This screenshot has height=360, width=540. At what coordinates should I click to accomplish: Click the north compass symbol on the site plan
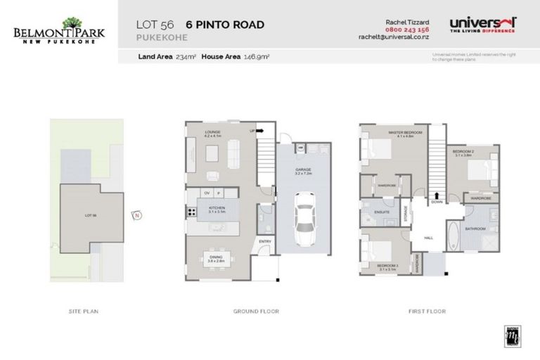pyautogui.click(x=138, y=215)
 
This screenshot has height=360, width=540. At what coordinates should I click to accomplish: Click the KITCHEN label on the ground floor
pyautogui.click(x=214, y=207)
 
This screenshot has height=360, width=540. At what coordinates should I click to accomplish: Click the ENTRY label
pyautogui.click(x=265, y=242)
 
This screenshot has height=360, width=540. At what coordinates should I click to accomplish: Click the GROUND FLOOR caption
pyautogui.click(x=256, y=311)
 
